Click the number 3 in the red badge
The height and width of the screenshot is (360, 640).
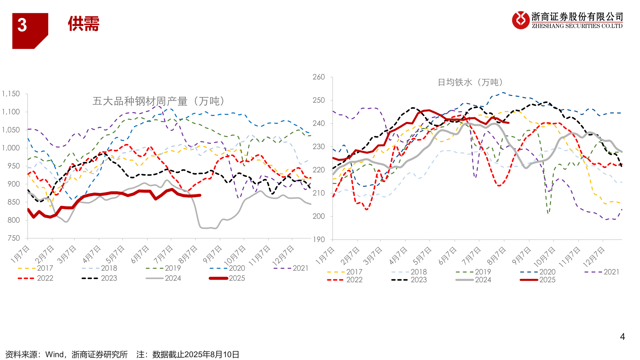[x=22, y=25]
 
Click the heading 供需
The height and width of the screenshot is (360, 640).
[x=83, y=24]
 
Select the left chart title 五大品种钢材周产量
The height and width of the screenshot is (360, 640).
[x=159, y=101]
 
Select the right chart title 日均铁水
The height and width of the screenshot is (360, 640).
[x=470, y=82]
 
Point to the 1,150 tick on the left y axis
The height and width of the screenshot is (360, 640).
[x=11, y=94]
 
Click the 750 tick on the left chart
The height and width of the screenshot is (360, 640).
[x=14, y=238]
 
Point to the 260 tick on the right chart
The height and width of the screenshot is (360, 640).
[x=318, y=77]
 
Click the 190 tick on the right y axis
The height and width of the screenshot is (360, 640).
[x=318, y=239]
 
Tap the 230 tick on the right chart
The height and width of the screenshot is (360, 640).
[x=318, y=147]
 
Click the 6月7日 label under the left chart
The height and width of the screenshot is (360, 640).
[x=140, y=254]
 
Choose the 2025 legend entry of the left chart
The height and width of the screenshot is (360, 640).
[x=237, y=278]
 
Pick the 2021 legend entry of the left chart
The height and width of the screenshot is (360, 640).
[x=300, y=268]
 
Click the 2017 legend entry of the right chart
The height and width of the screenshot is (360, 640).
[x=354, y=272]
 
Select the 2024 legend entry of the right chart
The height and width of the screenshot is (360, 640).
[x=483, y=280]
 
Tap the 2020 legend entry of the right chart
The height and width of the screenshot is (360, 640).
[x=547, y=272]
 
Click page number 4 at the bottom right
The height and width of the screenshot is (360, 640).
[x=622, y=337]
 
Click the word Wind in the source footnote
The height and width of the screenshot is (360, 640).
[x=54, y=355]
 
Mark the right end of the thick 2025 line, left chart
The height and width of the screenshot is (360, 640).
[x=200, y=195]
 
